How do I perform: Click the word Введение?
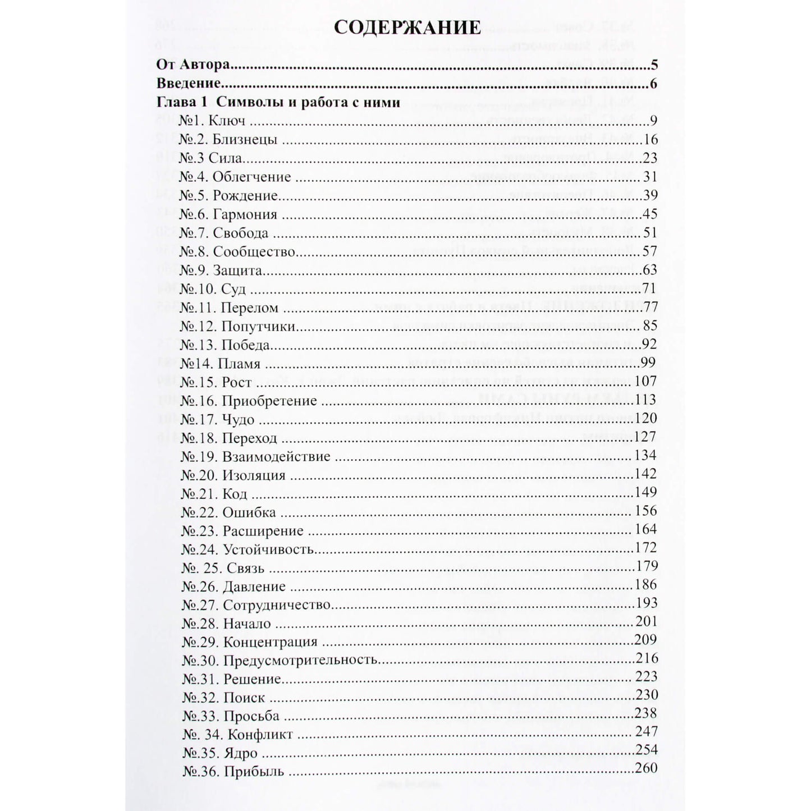[187, 84]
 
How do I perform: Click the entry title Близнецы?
[245, 140]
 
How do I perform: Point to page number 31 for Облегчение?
[650, 177]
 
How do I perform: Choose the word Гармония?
[245, 214]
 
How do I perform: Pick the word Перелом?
[250, 308]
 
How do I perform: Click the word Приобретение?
[269, 401]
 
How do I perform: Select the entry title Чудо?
[238, 420]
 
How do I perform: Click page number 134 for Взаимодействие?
[645, 455]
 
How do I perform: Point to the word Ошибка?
[249, 512]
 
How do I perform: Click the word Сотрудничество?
[277, 605]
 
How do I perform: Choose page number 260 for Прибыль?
[646, 768]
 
